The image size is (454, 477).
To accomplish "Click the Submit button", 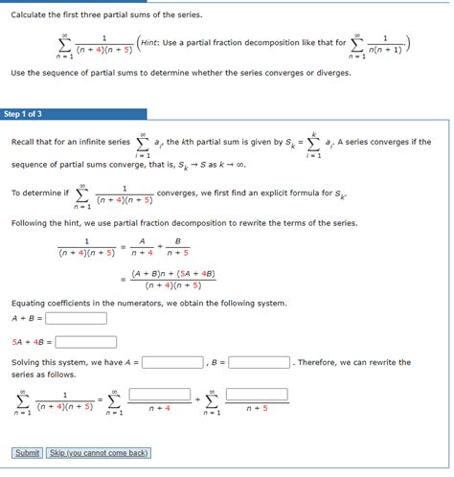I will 27,453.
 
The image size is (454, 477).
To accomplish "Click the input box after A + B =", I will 76,318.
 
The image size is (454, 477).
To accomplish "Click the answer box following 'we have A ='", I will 172,363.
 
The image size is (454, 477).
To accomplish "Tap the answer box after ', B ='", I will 259,363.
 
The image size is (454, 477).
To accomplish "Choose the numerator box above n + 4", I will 160,393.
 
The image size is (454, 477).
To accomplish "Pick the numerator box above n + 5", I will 257,393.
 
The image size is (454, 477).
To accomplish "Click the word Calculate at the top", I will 31,15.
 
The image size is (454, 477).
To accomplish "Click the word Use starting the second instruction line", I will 18,73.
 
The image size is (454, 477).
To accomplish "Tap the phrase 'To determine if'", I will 38,193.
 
